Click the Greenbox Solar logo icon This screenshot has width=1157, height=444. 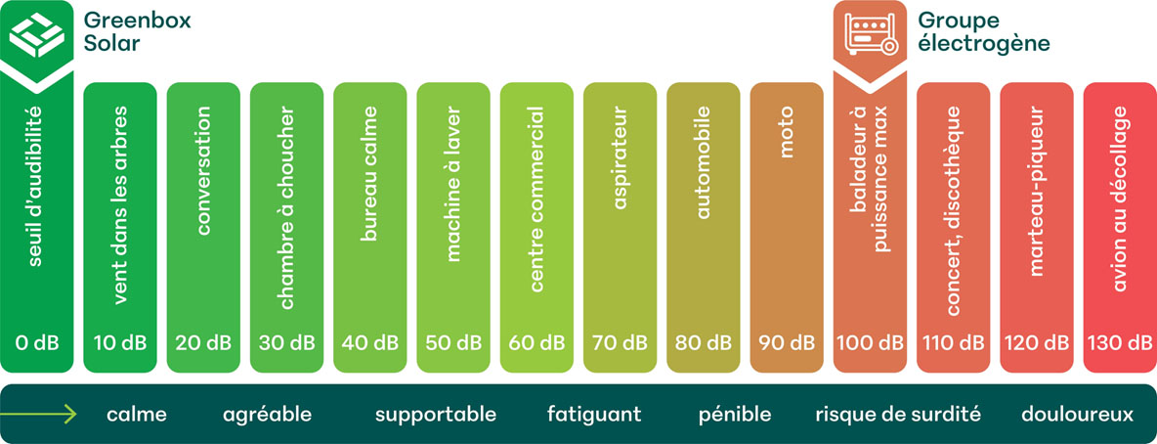tap(36, 32)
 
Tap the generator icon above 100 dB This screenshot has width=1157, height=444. tap(870, 33)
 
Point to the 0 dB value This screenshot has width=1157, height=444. tap(36, 343)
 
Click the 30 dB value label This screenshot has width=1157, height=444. tap(287, 343)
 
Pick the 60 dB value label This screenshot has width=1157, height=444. tap(536, 343)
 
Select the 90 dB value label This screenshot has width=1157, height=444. tap(787, 343)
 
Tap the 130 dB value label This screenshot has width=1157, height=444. tap(1120, 343)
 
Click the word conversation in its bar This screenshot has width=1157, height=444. tap(203, 172)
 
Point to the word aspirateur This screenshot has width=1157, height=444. tap(621, 161)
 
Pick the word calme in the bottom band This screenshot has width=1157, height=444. tap(137, 415)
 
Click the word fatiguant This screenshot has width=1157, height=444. tap(594, 415)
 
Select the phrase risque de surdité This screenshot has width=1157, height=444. tap(897, 415)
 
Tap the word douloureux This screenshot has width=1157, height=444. tap(1078, 415)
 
